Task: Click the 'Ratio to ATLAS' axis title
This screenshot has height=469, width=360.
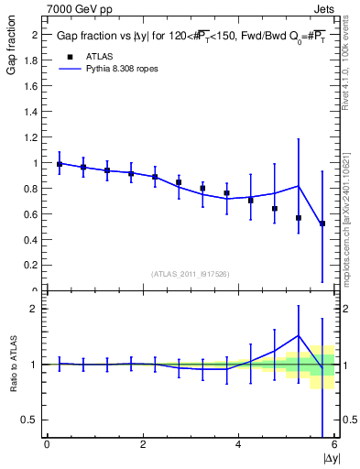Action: (12, 365)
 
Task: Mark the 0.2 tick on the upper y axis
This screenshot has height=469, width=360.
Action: (34, 266)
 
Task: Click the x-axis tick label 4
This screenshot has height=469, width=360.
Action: (239, 444)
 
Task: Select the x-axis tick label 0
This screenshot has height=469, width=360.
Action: (47, 444)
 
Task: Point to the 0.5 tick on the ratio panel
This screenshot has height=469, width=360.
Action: (32, 420)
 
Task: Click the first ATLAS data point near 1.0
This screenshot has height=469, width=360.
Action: (60, 164)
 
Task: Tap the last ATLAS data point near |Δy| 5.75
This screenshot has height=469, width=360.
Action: (322, 224)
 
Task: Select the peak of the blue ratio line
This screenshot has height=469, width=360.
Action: (299, 335)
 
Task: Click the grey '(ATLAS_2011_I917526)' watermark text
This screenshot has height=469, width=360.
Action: (190, 274)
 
